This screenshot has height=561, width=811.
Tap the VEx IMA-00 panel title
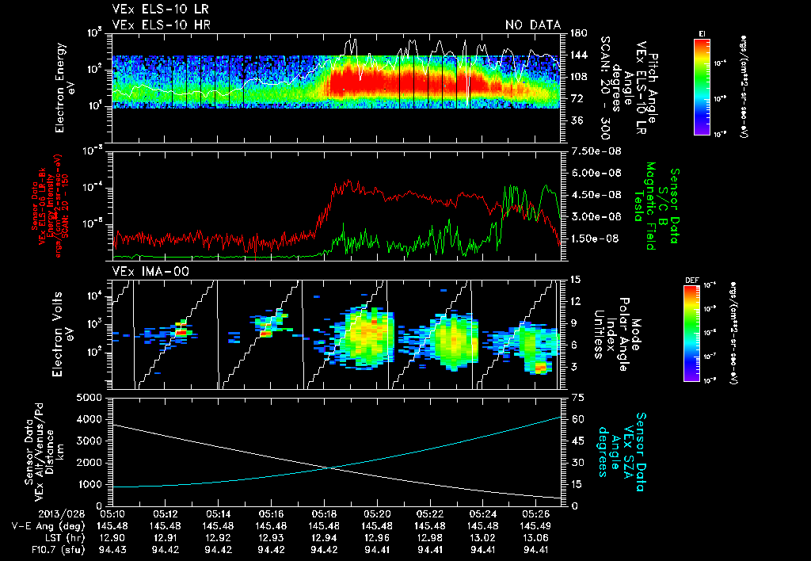point(151,271)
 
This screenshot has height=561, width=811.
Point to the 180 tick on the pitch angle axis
point(578,33)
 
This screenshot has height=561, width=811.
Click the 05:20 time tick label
point(376,513)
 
